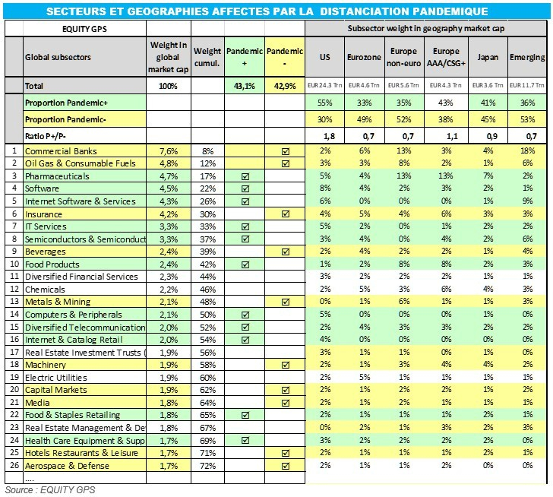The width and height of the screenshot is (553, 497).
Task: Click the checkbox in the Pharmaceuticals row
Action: (245, 175)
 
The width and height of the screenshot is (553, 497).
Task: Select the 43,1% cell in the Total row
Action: (245, 86)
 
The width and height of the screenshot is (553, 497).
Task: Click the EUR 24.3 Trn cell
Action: (325, 86)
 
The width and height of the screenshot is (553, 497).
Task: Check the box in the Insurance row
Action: (286, 214)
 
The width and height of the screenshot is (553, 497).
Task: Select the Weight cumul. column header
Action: (207, 56)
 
